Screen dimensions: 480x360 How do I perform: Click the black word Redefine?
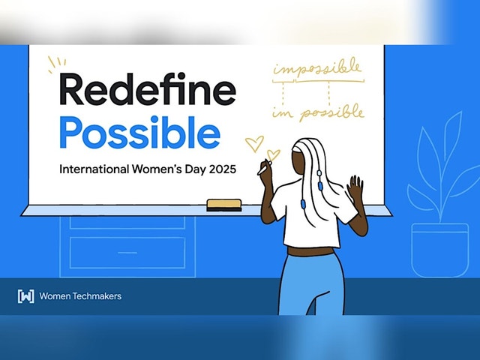pos(148,89)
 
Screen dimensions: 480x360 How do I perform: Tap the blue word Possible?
pos(139,133)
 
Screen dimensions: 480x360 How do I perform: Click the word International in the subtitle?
pos(94,169)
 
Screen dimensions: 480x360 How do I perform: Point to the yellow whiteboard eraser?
pos(224,205)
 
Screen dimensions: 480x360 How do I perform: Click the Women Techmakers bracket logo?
pos(25,296)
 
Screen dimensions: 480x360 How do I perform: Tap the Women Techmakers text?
pos(80,296)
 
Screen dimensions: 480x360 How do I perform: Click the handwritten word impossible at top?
pos(317,67)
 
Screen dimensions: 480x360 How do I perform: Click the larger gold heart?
pos(254,143)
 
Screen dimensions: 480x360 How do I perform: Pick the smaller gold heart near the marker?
pos(273,154)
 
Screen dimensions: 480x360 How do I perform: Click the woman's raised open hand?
pos(355,187)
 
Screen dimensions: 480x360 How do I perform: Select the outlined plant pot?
pos(440,250)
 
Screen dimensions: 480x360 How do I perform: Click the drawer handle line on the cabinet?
pos(127,253)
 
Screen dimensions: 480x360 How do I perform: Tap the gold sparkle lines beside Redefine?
pos(57,64)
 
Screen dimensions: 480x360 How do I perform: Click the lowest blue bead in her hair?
pos(304,203)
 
